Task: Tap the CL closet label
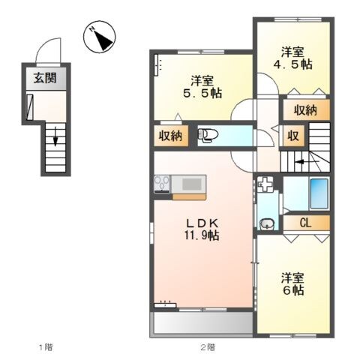306,222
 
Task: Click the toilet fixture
208,136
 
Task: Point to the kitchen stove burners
162,183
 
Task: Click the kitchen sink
190,183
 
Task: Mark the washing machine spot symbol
265,183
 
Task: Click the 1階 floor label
46,347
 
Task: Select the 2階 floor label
207,347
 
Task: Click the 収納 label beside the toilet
170,136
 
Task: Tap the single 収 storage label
294,136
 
